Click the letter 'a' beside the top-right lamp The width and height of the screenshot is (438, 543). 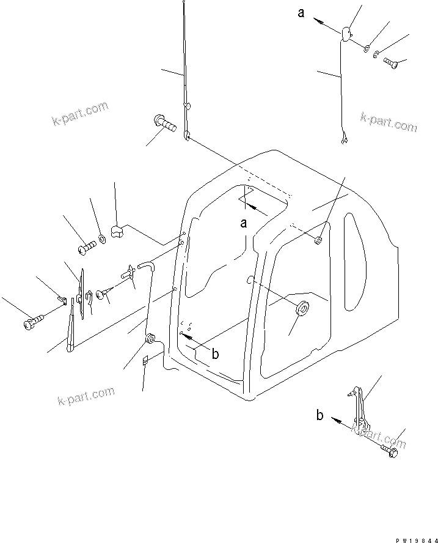pos(301,12)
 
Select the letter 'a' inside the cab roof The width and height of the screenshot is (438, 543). pos(244,223)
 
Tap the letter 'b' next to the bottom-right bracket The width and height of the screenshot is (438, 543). pos(319,415)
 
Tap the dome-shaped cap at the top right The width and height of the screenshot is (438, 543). pos(345,34)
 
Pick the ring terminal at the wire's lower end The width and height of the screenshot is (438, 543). pos(345,142)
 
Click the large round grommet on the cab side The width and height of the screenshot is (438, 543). pos(301,309)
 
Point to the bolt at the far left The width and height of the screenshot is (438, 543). pos(33,320)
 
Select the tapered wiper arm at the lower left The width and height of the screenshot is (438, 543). pos(71,328)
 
